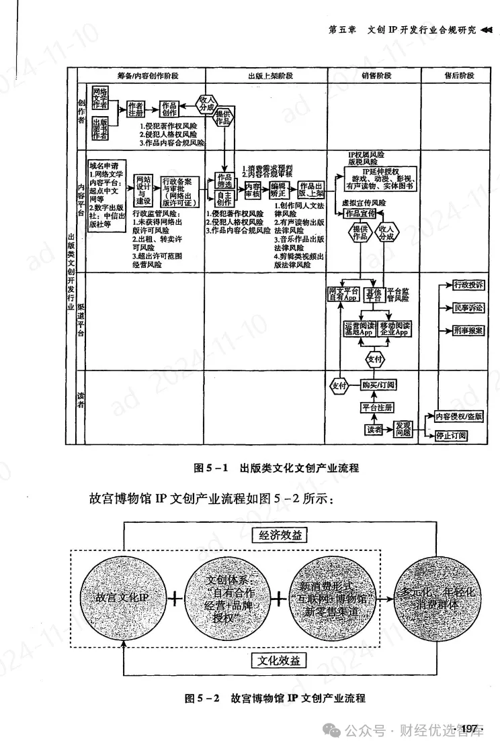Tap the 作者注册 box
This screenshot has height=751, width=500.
point(136,109)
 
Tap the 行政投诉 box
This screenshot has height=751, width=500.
point(468,285)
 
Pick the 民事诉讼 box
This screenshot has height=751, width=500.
point(468,307)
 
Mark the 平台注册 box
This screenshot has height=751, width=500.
point(378,407)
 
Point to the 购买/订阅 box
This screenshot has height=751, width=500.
point(378,385)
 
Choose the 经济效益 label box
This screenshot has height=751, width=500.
point(280,536)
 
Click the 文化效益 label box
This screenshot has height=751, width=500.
point(280,660)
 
